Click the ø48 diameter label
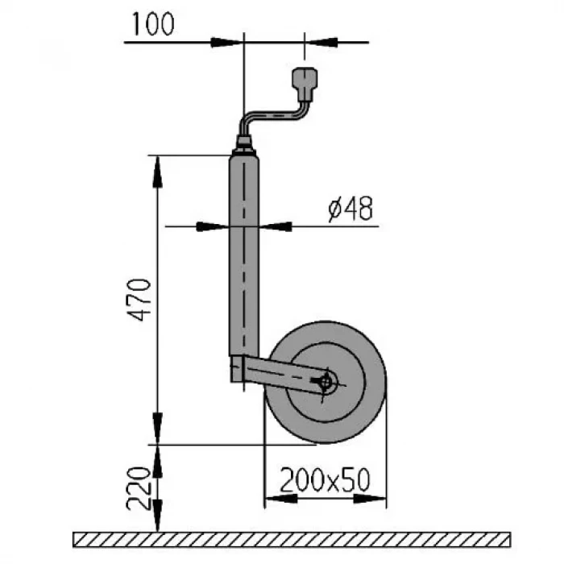point(350,209)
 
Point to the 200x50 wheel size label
point(325,480)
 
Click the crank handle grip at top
point(305,81)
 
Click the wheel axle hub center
point(326,384)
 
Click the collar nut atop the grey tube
point(243,149)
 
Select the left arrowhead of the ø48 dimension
point(216,226)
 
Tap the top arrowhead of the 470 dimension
point(159,168)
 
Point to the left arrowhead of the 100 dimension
point(229,41)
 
